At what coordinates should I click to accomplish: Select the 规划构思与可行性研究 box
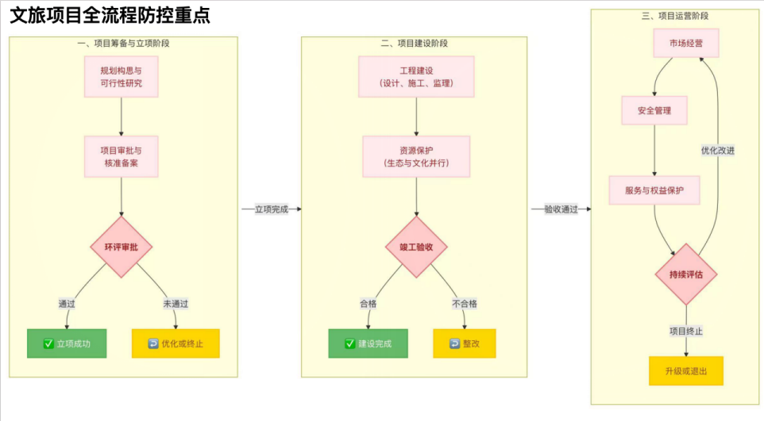pos(122,76)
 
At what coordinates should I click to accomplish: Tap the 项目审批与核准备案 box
pos(122,156)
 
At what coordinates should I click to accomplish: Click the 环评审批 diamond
pos(122,247)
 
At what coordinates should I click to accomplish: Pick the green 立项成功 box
pos(67,343)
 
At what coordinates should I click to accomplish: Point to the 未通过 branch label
pos(175,303)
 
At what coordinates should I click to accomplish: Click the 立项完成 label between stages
pos(271,209)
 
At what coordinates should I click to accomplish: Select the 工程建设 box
pos(416,76)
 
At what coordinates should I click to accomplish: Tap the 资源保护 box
pos(416,156)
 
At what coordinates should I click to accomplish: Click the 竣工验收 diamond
pos(416,247)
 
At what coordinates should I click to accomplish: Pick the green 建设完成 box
pos(368,343)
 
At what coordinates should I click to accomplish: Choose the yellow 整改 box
pos(465,343)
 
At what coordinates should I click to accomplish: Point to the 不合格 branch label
pos(465,303)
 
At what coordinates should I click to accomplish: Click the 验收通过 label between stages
pos(560,209)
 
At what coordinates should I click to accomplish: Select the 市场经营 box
pos(686,43)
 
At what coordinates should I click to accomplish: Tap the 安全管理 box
pos(654,110)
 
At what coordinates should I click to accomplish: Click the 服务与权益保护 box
pos(654,190)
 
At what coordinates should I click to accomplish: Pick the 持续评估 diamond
pos(686,275)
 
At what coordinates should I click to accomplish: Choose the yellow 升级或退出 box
pos(686,370)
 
